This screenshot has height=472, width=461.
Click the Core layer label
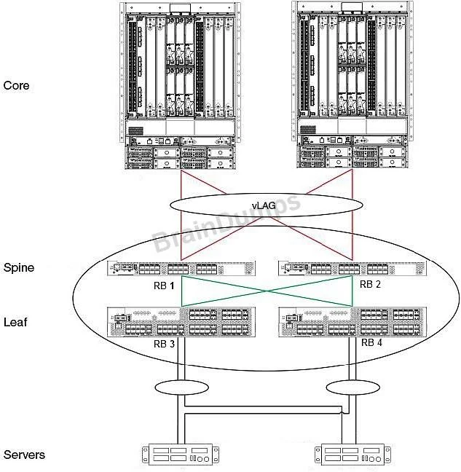click(16, 85)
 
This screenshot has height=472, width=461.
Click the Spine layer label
click(19, 267)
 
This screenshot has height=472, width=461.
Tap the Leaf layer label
click(15, 322)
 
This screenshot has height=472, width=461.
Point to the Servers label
click(24, 455)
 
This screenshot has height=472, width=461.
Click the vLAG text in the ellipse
click(264, 205)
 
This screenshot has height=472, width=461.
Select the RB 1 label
click(164, 286)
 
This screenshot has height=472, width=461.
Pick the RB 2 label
click(370, 284)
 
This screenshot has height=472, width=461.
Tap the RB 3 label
click(164, 344)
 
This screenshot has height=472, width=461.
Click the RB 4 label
click(371, 342)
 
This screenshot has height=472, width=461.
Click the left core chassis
click(180, 86)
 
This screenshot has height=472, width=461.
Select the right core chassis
click(352, 84)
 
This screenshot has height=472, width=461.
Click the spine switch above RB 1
click(181, 268)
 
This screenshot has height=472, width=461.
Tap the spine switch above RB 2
click(352, 268)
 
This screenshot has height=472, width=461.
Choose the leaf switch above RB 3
click(181, 322)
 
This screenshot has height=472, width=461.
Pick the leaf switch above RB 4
click(352, 322)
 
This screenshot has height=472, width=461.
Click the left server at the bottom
click(181, 455)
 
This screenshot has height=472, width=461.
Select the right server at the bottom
click(352, 455)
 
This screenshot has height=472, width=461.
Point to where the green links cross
click(267, 291)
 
